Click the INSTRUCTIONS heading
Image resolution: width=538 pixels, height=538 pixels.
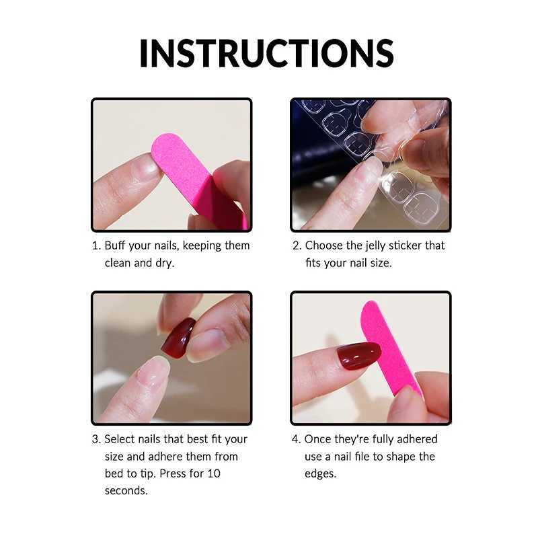click(x=266, y=53)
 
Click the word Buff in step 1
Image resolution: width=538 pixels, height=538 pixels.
click(x=115, y=245)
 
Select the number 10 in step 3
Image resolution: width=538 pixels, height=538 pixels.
click(x=214, y=473)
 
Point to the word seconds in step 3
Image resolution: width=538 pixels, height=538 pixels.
click(x=126, y=491)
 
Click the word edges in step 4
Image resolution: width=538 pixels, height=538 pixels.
click(x=321, y=474)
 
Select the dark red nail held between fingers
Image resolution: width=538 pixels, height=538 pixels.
click(x=178, y=338)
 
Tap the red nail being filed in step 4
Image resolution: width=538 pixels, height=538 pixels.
click(x=359, y=356)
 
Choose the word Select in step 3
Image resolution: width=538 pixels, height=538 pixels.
click(x=122, y=439)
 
